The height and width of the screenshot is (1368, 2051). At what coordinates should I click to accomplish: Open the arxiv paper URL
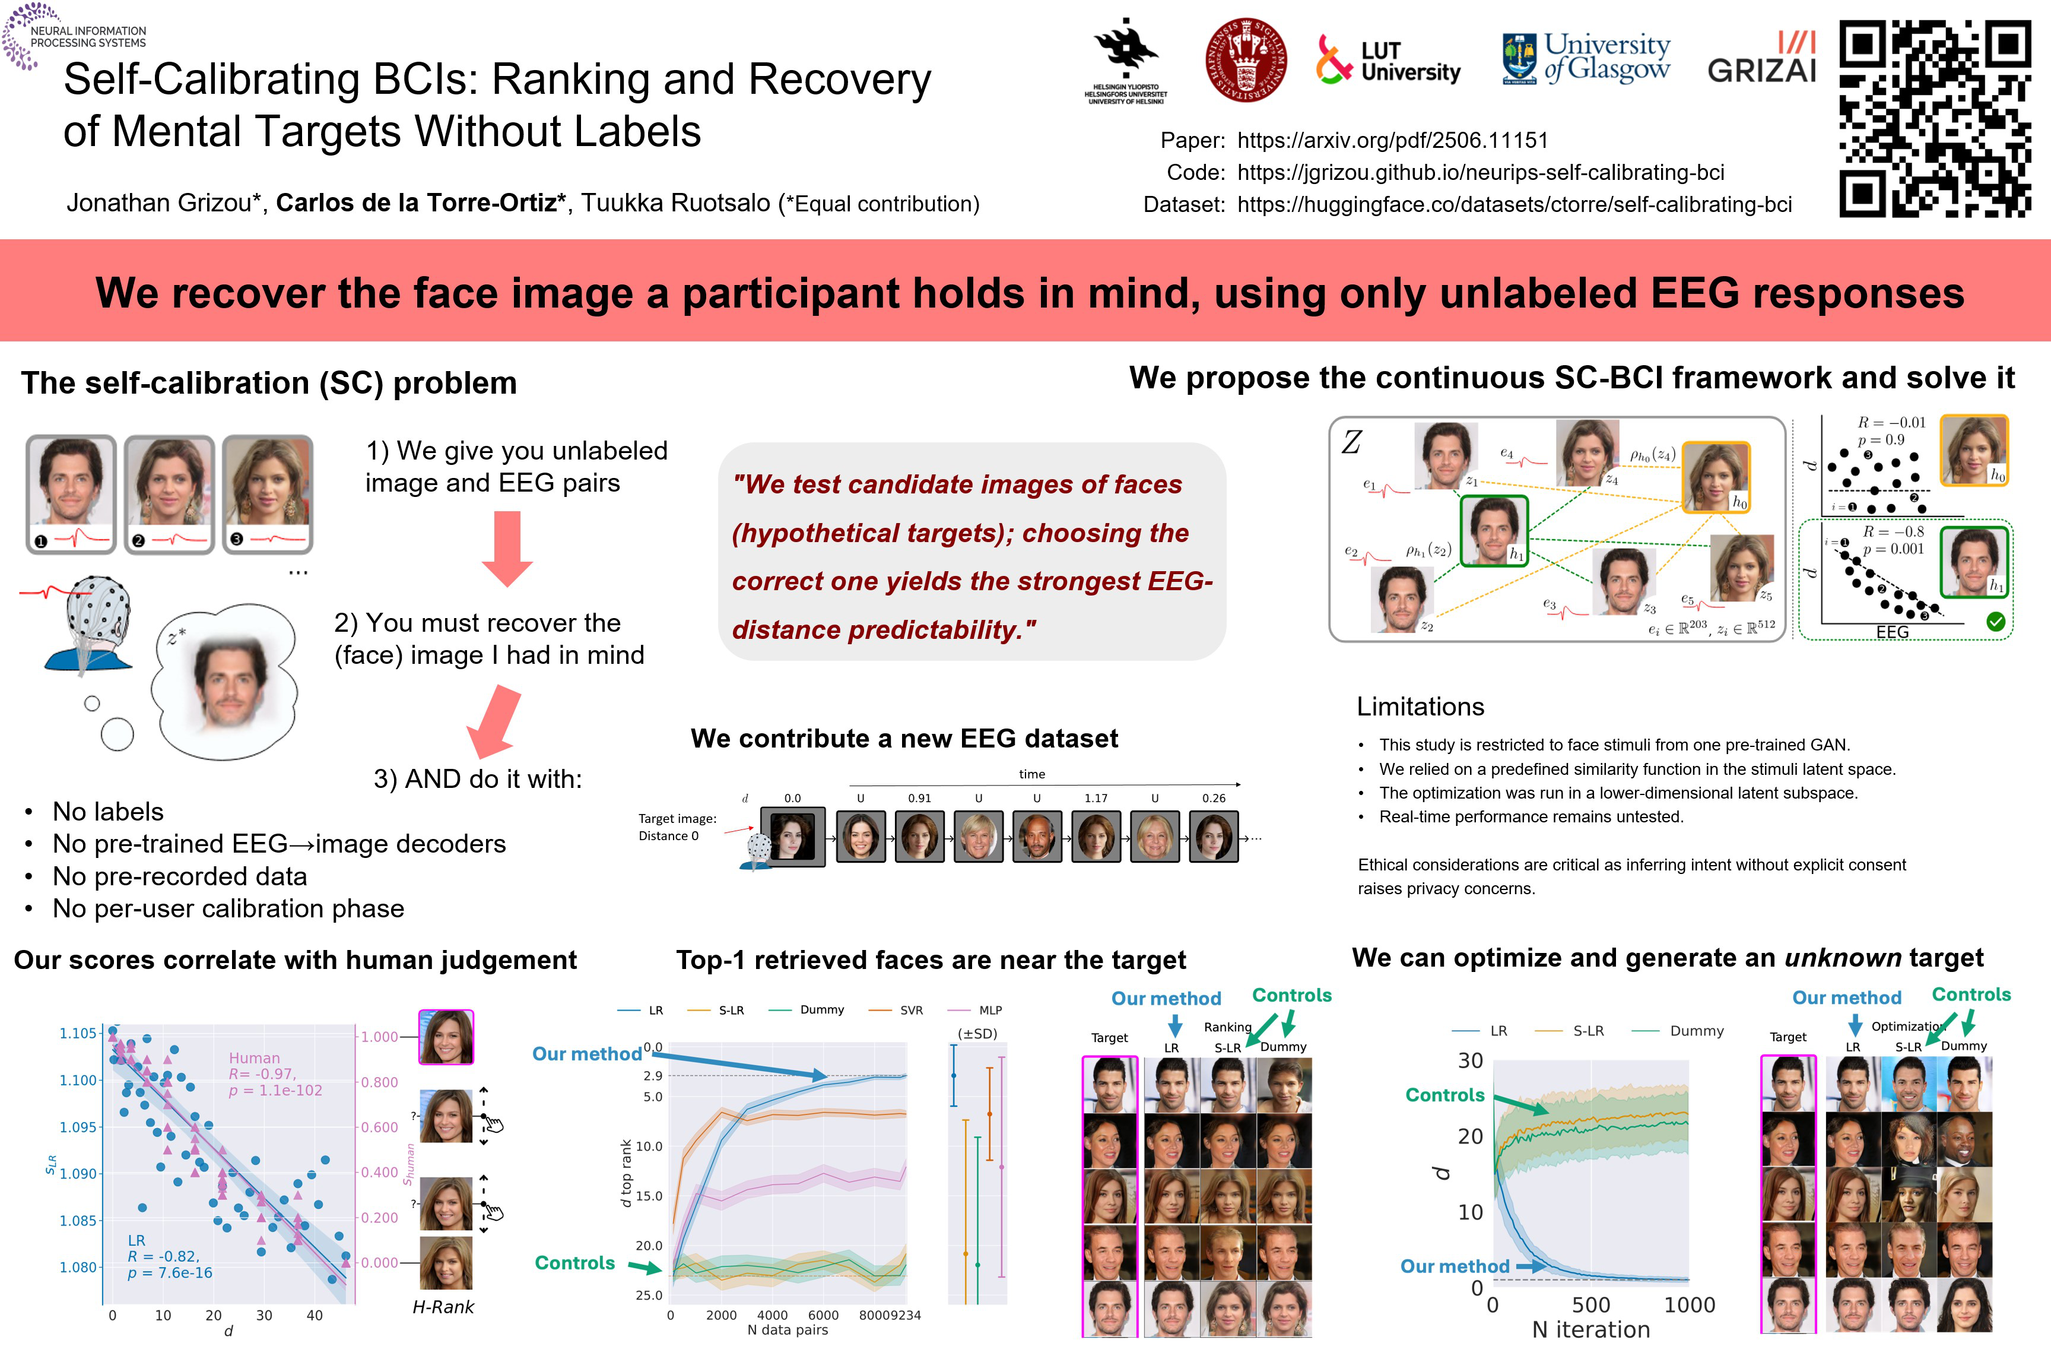(x=1393, y=141)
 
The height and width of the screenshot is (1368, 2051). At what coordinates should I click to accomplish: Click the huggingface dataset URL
(x=1514, y=204)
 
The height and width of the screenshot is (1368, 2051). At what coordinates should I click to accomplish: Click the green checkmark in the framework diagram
(x=1995, y=622)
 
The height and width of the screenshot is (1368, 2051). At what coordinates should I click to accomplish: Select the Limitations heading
(x=1420, y=706)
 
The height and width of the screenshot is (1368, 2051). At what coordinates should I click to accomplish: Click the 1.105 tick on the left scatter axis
(x=78, y=1033)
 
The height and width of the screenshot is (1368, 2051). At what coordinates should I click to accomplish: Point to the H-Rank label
(x=443, y=1307)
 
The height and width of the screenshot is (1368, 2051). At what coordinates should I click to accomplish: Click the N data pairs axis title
(x=788, y=1329)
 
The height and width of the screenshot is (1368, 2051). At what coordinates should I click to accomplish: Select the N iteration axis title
(x=1590, y=1329)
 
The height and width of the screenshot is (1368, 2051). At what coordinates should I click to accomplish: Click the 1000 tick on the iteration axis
(x=1689, y=1305)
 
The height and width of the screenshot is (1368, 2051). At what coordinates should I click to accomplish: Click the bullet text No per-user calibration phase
(x=228, y=908)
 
